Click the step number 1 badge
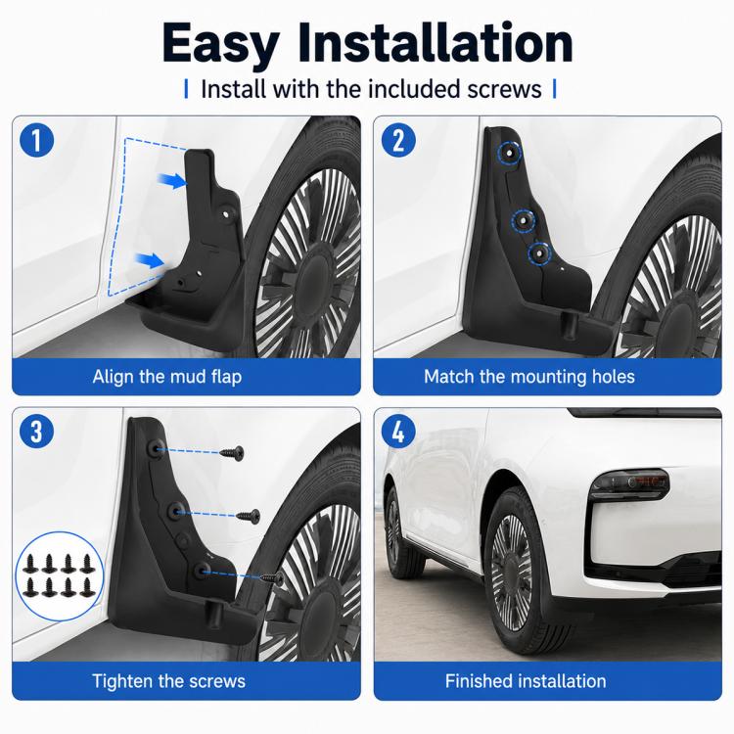[37, 140]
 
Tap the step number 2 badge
[398, 140]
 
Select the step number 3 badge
[37, 432]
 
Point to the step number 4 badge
[398, 432]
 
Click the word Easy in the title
[220, 44]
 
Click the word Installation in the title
[436, 42]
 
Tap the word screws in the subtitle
[504, 89]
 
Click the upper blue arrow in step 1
[172, 180]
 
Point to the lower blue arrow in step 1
[150, 259]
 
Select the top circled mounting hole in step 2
[510, 153]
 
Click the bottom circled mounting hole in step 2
[539, 254]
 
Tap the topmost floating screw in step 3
[233, 453]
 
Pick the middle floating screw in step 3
[249, 517]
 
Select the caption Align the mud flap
[167, 377]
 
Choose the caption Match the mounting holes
[529, 377]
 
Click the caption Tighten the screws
[168, 681]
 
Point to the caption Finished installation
[526, 681]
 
